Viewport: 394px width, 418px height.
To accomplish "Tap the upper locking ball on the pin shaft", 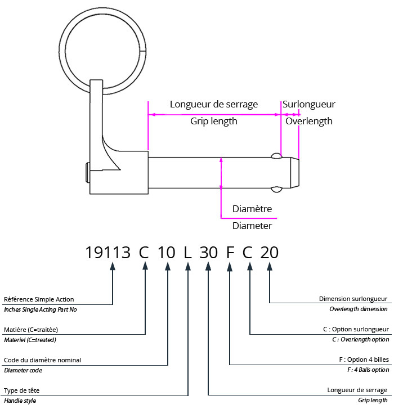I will (276, 156).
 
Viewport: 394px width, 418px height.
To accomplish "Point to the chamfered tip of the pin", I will (295, 172).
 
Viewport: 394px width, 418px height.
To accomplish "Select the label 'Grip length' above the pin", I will (213, 121).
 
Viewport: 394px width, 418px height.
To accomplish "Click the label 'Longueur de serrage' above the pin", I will (214, 104).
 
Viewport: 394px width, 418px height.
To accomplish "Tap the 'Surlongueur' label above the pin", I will (309, 104).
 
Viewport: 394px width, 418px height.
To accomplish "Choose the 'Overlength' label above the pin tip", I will (309, 121).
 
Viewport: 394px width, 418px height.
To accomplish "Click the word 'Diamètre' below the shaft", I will (252, 209).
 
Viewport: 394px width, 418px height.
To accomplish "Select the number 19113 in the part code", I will (108, 253).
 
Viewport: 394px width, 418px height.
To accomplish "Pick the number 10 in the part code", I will (167, 253).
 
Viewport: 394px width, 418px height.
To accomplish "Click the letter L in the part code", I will (188, 253).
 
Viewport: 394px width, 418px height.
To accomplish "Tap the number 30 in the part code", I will (208, 253).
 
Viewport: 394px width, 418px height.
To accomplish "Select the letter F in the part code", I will (230, 253).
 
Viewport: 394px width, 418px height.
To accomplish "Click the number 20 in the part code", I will (270, 253).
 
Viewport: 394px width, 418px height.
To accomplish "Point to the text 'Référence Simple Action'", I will (39, 299).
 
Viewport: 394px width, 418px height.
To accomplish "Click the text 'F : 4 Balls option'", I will (361, 370).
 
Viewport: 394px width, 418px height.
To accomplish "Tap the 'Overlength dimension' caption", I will (359, 309).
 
